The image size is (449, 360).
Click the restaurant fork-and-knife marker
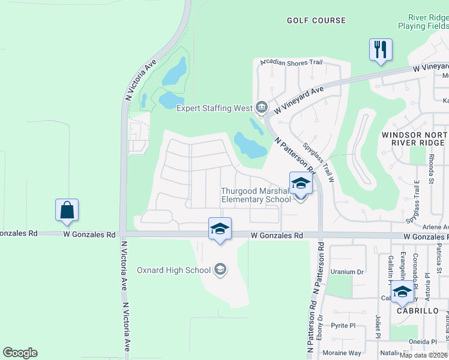[x=381, y=50]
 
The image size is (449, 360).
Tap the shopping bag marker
[x=67, y=210]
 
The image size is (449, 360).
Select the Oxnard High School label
[x=173, y=270]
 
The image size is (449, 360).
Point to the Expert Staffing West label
[x=214, y=108]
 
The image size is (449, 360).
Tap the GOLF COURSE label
[x=316, y=20]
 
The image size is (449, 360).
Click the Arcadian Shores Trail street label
[x=291, y=62]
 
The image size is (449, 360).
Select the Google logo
[x=20, y=353]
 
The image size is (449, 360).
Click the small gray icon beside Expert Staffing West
[x=261, y=108]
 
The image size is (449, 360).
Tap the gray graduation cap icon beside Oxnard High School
[x=220, y=270]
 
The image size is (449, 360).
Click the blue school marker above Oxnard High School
[x=220, y=229]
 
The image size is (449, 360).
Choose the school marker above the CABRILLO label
[x=402, y=292]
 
